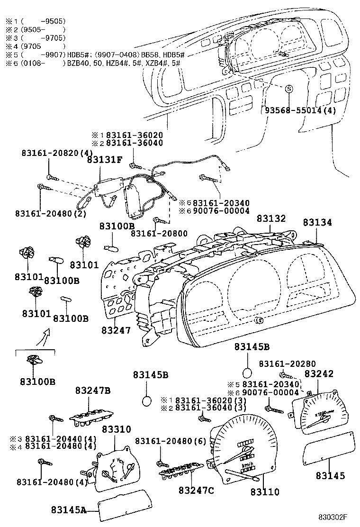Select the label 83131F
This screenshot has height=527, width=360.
pos(104,160)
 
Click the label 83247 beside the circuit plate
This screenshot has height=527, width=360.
pos(116,330)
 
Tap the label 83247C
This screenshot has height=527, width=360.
pos(196,490)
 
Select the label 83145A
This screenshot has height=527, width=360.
pos(69,510)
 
